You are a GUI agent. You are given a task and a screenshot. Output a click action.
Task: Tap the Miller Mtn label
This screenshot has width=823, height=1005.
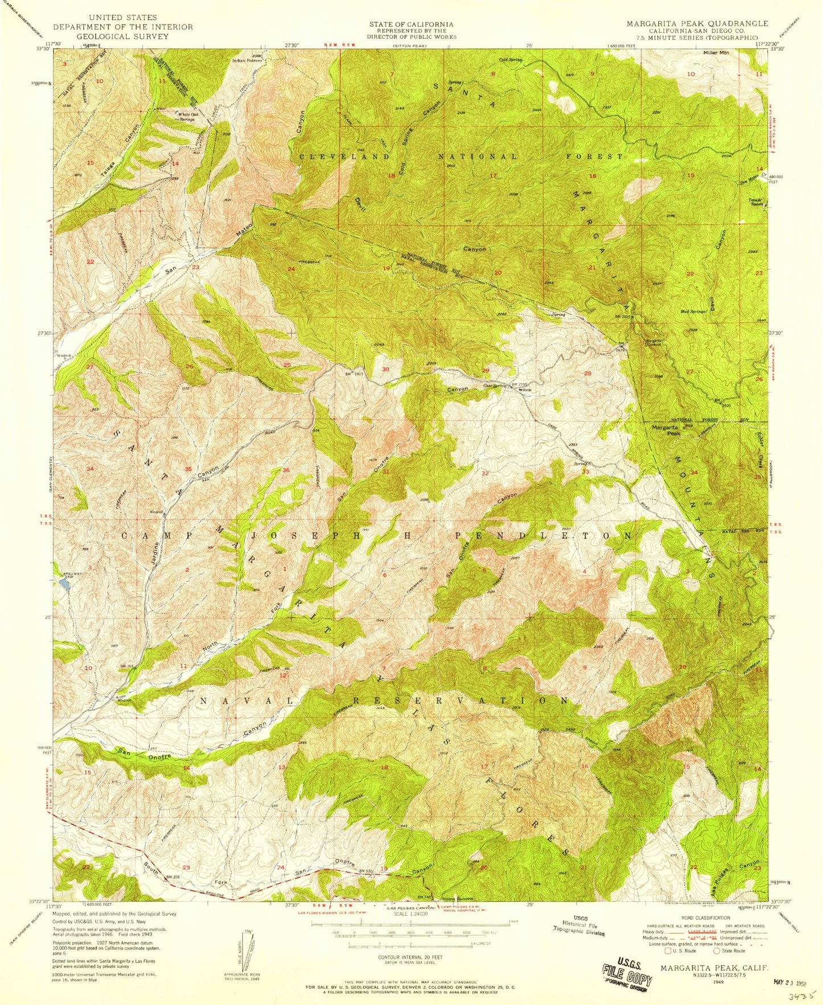point(716,52)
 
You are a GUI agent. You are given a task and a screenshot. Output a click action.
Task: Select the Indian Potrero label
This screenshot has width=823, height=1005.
point(246,60)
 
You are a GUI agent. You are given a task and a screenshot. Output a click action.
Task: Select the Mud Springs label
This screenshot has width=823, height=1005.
point(694,311)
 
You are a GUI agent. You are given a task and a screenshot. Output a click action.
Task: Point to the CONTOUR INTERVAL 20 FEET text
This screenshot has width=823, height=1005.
point(411,958)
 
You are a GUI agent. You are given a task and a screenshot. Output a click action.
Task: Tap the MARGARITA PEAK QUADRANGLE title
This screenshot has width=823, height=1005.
point(697,24)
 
